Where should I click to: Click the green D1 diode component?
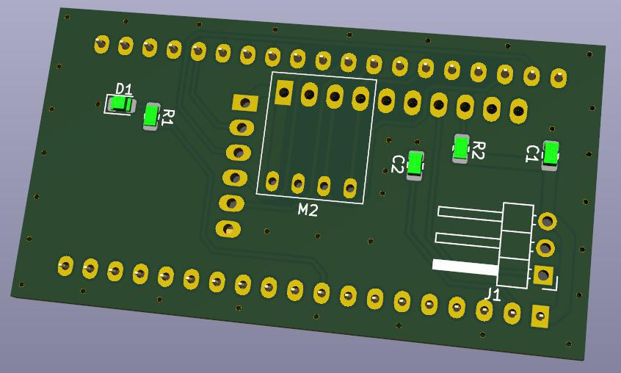[122, 105]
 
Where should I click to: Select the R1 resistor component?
[151, 116]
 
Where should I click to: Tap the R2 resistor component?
[461, 148]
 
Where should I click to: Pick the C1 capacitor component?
[551, 155]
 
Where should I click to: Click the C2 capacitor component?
[415, 165]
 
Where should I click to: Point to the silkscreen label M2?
[308, 210]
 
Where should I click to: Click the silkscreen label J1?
[493, 294]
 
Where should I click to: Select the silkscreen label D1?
[123, 89]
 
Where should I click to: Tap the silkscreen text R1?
[168, 117]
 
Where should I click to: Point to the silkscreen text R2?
[478, 150]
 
